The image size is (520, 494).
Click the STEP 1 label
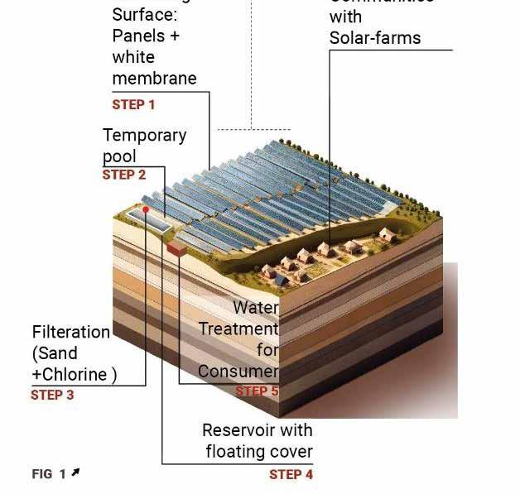click(133, 105)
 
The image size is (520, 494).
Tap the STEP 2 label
click(123, 175)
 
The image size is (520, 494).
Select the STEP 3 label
click(52, 395)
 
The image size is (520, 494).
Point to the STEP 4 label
click(291, 474)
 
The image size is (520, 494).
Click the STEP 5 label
click(257, 391)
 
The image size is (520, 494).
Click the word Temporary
click(144, 135)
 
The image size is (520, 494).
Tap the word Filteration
click(71, 333)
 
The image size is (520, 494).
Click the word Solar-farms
click(374, 38)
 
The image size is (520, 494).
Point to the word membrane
click(154, 79)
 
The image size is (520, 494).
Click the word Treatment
click(238, 329)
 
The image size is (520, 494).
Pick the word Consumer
click(238, 372)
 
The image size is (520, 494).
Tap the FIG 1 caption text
click(49, 474)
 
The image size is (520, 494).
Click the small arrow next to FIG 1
click(75, 472)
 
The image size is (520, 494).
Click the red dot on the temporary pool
click(145, 209)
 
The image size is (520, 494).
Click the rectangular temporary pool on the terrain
click(149, 218)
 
